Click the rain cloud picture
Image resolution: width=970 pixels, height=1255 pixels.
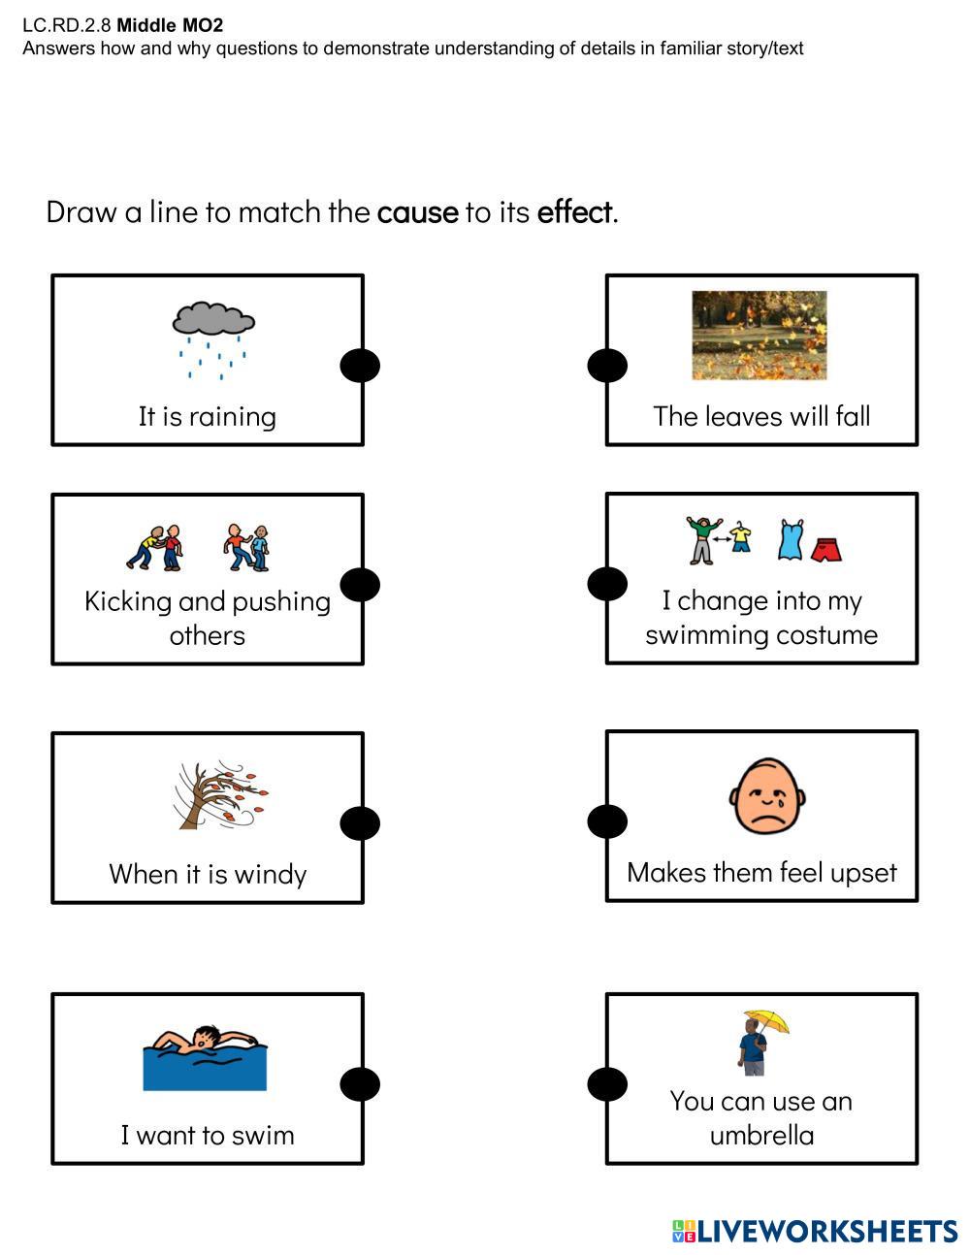click(213, 338)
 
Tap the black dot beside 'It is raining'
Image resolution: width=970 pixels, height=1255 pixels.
click(360, 366)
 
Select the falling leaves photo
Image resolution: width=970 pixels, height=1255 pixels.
click(760, 336)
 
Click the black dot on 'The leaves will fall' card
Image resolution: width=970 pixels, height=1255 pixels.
click(608, 366)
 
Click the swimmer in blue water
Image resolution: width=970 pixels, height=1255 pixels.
click(205, 1057)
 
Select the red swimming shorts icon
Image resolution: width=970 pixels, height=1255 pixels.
click(825, 549)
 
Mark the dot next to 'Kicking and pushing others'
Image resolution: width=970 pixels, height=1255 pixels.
click(360, 585)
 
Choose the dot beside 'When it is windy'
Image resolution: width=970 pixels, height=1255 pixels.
click(360, 823)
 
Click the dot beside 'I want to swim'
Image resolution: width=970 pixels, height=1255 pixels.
click(360, 1084)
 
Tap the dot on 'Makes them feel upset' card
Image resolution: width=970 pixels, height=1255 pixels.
click(608, 821)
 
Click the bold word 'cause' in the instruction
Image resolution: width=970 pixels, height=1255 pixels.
click(417, 211)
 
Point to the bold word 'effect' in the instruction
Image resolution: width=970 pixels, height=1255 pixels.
click(574, 211)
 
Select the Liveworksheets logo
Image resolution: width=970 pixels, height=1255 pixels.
click(814, 1232)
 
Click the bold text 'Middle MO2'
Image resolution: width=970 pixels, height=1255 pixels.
click(170, 26)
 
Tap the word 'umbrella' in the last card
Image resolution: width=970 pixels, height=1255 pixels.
click(761, 1135)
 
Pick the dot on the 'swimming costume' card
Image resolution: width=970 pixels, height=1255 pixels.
click(608, 584)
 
